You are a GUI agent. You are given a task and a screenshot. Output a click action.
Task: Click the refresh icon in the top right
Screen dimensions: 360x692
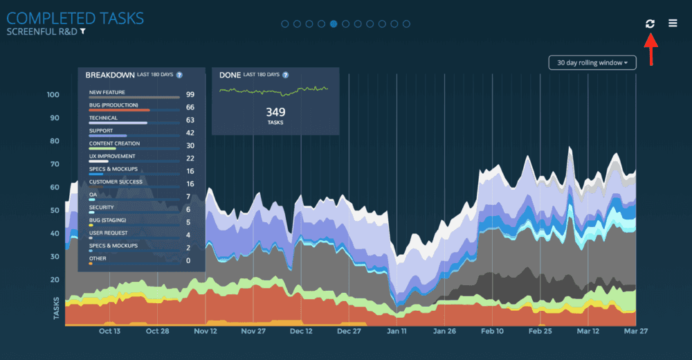click(650, 24)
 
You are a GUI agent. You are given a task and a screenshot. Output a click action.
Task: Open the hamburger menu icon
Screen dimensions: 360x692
click(673, 24)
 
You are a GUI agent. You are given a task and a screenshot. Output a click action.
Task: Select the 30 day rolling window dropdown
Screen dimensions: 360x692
click(592, 63)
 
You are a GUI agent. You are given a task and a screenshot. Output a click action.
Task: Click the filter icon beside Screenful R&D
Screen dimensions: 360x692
click(83, 31)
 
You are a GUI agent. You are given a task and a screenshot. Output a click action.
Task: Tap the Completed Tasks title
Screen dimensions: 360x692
click(75, 17)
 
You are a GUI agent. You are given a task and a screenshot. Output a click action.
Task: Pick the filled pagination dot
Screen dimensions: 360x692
click(334, 24)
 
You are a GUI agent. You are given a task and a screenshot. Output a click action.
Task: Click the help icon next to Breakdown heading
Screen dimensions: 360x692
click(179, 75)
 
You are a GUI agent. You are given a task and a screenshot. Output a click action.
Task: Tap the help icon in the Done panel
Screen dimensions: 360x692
click(285, 75)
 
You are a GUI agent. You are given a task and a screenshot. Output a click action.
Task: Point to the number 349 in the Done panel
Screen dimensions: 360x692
click(276, 111)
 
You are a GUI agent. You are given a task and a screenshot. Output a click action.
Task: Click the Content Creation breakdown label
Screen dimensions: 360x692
click(114, 143)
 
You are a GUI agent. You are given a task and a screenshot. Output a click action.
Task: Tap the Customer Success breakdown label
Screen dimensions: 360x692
click(116, 182)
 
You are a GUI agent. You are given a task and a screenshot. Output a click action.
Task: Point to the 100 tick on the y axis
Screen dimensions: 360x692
click(53, 95)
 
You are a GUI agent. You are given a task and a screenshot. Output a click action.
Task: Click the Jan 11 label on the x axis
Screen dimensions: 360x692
click(397, 331)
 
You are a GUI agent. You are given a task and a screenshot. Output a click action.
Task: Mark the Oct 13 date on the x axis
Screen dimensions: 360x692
click(109, 331)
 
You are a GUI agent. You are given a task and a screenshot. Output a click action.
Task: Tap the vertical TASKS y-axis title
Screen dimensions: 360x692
click(56, 309)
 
